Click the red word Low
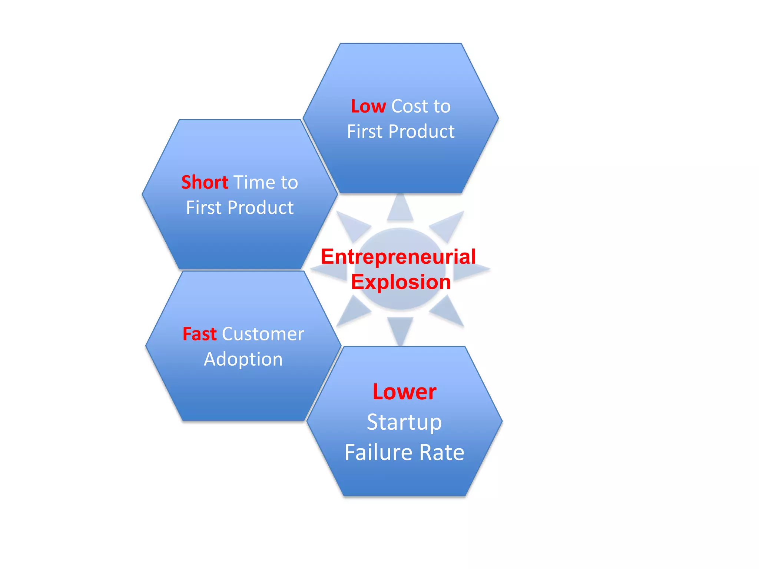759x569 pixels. click(x=368, y=106)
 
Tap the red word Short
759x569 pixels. click(x=205, y=182)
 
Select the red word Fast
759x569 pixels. click(x=199, y=334)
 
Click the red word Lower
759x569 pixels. click(x=404, y=392)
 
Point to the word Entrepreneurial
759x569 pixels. click(x=398, y=256)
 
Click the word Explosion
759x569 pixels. click(x=401, y=282)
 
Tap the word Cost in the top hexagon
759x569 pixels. click(x=410, y=106)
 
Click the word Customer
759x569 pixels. click(x=263, y=334)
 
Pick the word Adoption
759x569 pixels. click(x=243, y=359)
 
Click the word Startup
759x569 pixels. click(x=404, y=422)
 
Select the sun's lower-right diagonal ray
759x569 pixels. click(x=448, y=311)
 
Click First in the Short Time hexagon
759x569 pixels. click(x=203, y=207)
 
